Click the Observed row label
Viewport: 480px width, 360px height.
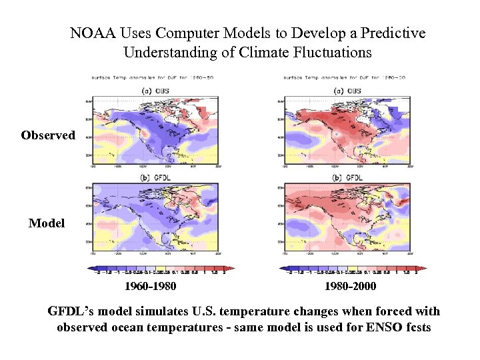point(48,135)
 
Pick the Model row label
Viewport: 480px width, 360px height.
point(47,223)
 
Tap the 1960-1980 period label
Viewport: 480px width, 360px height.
point(151,287)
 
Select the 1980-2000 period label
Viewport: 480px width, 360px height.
point(350,287)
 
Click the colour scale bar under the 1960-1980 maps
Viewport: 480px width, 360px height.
point(157,269)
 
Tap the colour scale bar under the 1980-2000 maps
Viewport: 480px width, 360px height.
point(353,269)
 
